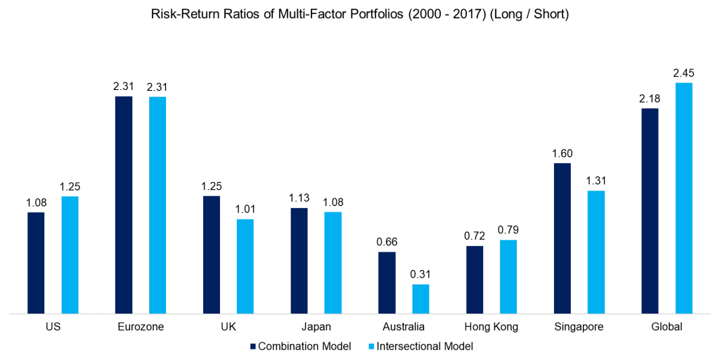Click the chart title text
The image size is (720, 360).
coord(359,15)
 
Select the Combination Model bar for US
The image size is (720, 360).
coord(36,262)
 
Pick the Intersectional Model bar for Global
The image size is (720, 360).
coord(683,198)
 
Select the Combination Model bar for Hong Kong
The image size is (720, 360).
coord(475,279)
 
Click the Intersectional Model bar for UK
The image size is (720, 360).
coord(245,266)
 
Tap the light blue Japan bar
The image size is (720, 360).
coord(333,262)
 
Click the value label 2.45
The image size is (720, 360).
coord(683,73)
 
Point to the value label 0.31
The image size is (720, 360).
coord(420,274)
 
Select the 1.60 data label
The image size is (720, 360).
coord(562,153)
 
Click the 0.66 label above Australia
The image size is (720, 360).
coord(387,242)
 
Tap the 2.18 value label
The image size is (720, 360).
coord(650,98)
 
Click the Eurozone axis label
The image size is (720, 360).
coord(141,327)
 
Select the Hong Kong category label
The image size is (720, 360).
coord(491,327)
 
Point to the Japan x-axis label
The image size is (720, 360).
coord(316,327)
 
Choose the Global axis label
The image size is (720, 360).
coord(667,327)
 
